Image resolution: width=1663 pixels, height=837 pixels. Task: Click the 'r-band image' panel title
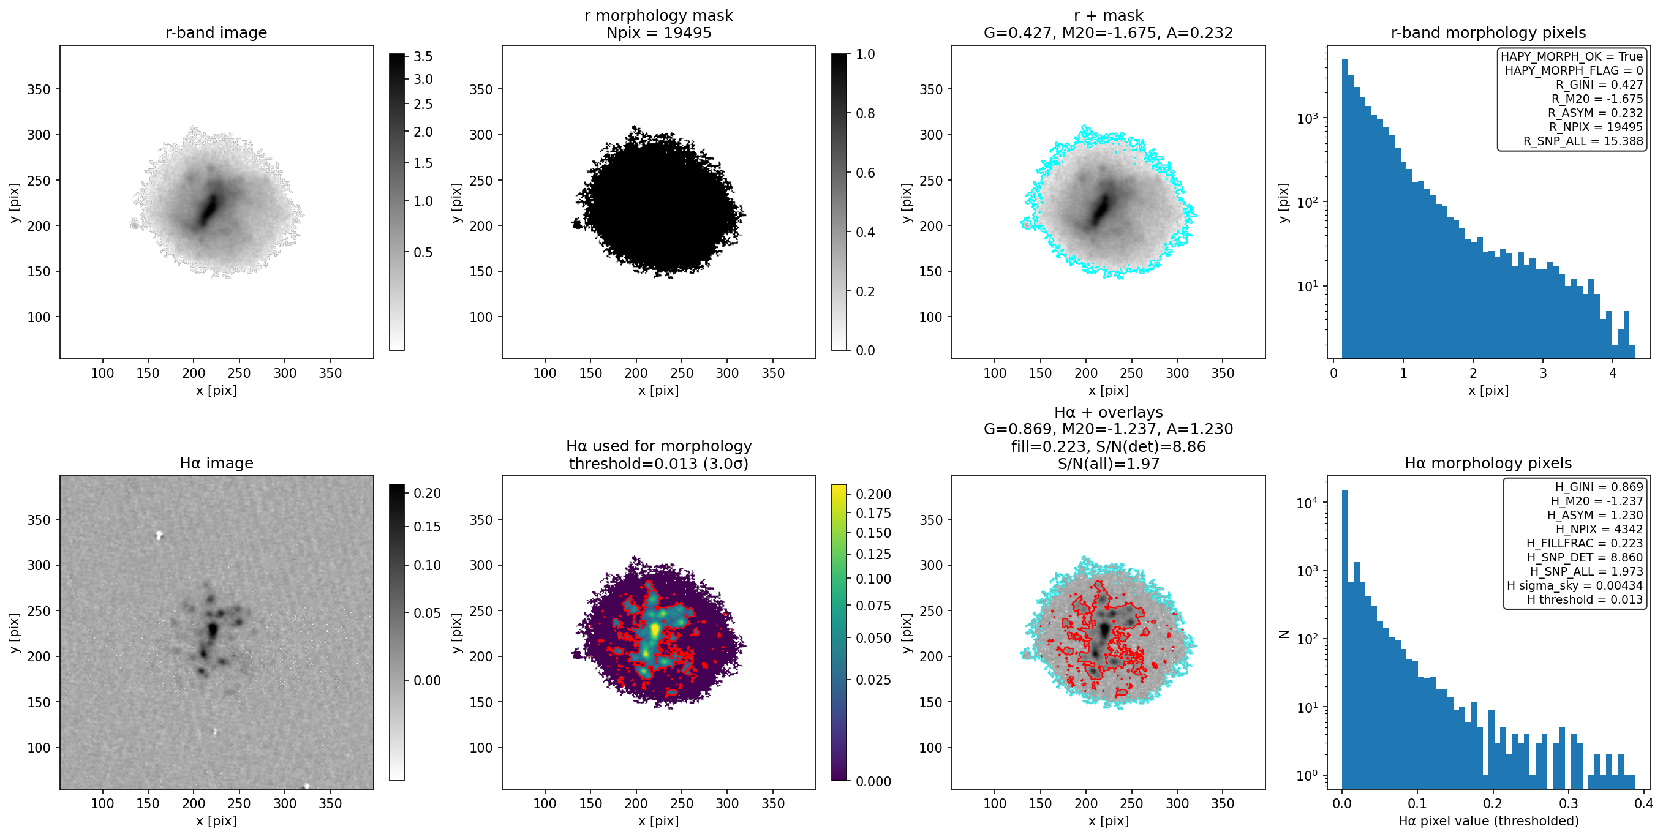point(216,33)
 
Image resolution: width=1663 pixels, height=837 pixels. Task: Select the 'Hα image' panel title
point(216,464)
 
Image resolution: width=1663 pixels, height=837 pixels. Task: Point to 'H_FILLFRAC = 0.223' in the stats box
point(1585,543)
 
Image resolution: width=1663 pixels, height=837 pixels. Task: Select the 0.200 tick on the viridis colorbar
point(873,494)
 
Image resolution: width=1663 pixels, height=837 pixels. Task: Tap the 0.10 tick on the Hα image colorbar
point(427,565)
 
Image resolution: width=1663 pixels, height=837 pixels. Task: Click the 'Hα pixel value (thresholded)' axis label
point(1488,821)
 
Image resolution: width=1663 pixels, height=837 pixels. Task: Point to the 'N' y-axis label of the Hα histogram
point(1284,634)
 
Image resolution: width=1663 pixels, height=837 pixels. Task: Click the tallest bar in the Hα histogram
point(1345,639)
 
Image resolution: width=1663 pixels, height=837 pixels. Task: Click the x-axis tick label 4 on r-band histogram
point(1613,373)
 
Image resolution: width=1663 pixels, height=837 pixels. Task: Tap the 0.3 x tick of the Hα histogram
point(1568,803)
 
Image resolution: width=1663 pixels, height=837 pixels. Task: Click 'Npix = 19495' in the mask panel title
point(659,33)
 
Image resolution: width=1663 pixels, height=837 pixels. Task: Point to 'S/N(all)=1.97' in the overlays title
point(1109,464)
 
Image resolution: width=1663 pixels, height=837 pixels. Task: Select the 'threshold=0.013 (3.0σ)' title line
point(659,464)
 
